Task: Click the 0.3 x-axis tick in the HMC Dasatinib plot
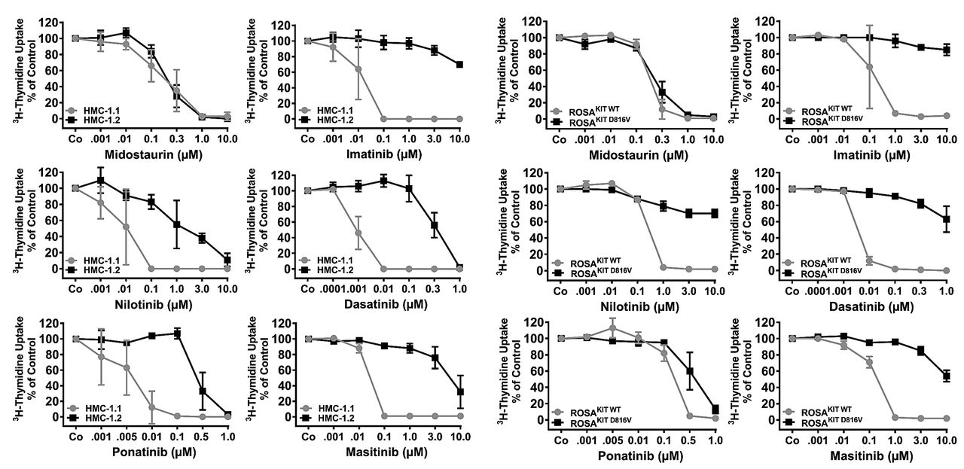[x=435, y=288]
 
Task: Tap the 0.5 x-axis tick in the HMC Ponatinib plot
[x=202, y=436]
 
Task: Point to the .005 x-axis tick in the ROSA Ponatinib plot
[x=612, y=437]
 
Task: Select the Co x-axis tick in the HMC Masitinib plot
[x=308, y=436]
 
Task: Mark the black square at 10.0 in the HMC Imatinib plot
[x=459, y=65]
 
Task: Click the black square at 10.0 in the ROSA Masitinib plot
[x=945, y=376]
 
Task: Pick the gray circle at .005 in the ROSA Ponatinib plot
[x=612, y=328]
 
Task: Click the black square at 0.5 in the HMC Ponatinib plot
[x=202, y=391]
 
